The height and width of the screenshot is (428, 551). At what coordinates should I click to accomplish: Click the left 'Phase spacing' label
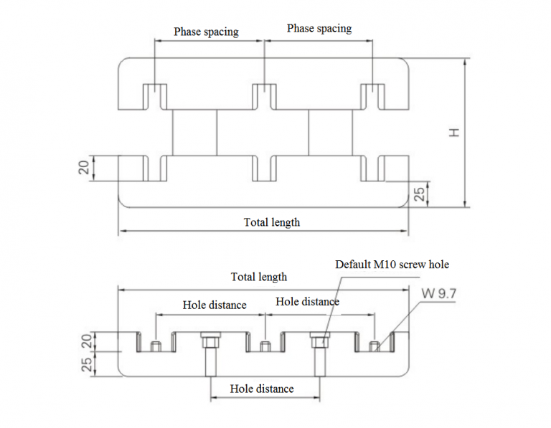[x=206, y=32]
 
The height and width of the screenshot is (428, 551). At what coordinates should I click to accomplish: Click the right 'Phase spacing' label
[x=319, y=29]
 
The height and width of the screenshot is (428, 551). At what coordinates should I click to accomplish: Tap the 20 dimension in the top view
[x=84, y=168]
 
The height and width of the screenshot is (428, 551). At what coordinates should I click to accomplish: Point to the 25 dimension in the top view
[x=421, y=192]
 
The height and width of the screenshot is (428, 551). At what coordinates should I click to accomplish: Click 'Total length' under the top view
[x=272, y=222]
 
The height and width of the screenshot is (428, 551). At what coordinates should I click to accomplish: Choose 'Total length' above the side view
[x=259, y=277]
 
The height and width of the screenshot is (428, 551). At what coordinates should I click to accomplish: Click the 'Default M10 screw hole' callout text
[x=392, y=265]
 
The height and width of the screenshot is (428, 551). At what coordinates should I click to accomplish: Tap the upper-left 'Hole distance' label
[x=214, y=305]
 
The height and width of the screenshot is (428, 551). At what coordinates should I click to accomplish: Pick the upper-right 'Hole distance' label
[x=307, y=302]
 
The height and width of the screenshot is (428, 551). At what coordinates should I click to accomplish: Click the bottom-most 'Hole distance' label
[x=262, y=389]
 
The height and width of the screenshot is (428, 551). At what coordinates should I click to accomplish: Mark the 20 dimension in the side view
[x=87, y=341]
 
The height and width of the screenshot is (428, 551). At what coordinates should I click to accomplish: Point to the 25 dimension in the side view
[x=87, y=364]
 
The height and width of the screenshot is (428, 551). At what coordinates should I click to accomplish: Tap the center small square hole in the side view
[x=264, y=348]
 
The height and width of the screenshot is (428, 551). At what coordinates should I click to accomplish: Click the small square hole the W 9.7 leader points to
[x=374, y=348]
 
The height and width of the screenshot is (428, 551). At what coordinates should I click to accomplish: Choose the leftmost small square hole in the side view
[x=156, y=348]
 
